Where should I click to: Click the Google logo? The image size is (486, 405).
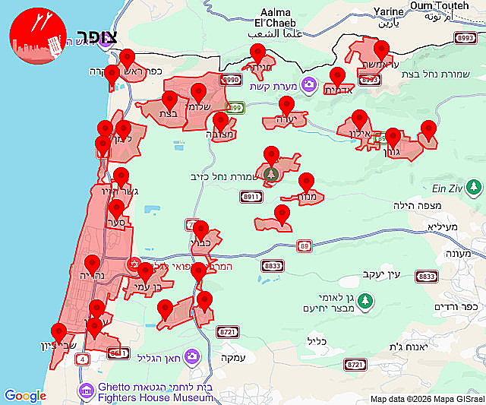25,396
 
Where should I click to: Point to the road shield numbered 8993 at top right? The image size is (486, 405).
465,36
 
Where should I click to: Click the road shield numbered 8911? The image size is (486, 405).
251,197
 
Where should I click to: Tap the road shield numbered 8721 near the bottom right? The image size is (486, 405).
355,365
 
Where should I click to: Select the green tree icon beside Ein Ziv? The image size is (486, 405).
475,185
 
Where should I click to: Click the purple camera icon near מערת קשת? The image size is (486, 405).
308,84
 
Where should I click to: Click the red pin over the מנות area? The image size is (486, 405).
306,183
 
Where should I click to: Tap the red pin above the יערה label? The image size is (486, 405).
286,106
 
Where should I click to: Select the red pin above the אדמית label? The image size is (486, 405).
337,77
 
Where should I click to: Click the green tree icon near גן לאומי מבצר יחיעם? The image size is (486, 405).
365,301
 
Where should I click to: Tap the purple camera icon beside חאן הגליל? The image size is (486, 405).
193,356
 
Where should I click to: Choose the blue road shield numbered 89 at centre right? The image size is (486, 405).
305,245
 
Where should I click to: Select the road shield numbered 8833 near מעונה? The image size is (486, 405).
428,276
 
